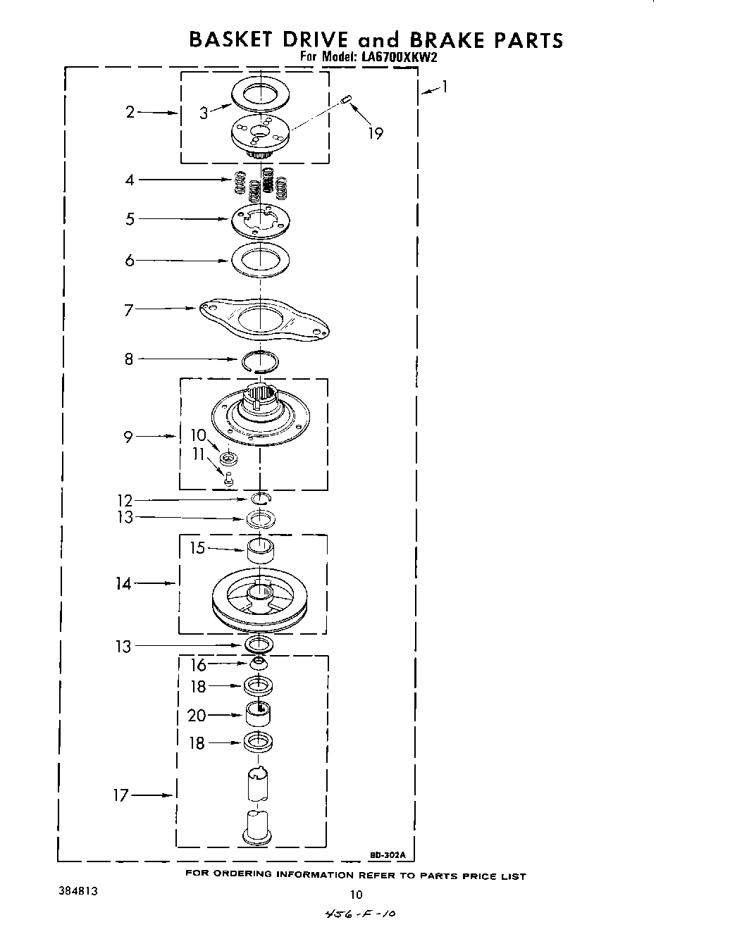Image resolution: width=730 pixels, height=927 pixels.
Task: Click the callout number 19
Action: coord(376,133)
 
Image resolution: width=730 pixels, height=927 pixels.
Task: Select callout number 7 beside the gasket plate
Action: coord(128,309)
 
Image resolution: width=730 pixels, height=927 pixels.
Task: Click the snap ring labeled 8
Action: coord(259,360)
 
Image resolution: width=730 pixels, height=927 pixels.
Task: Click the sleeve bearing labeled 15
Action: coord(260,549)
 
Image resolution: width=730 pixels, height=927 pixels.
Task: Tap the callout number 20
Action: coord(197,715)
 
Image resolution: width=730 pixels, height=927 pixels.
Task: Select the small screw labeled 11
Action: coord(228,479)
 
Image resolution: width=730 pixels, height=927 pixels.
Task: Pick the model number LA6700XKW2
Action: coord(400,58)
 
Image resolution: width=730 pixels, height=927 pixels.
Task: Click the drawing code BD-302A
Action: coord(388,855)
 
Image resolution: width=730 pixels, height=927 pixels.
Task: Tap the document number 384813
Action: coord(78,891)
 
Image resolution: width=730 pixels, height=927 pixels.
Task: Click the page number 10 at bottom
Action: coord(356,895)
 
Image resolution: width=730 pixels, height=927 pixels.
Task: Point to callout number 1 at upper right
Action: coord(445,87)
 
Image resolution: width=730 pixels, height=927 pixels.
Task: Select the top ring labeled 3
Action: coord(260,94)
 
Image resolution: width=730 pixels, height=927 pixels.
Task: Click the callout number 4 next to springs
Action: coord(130,180)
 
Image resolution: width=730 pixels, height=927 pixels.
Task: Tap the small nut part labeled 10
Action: coord(228,460)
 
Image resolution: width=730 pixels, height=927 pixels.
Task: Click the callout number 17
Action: coord(120,795)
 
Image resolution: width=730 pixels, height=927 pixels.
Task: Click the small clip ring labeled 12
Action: coord(261,499)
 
